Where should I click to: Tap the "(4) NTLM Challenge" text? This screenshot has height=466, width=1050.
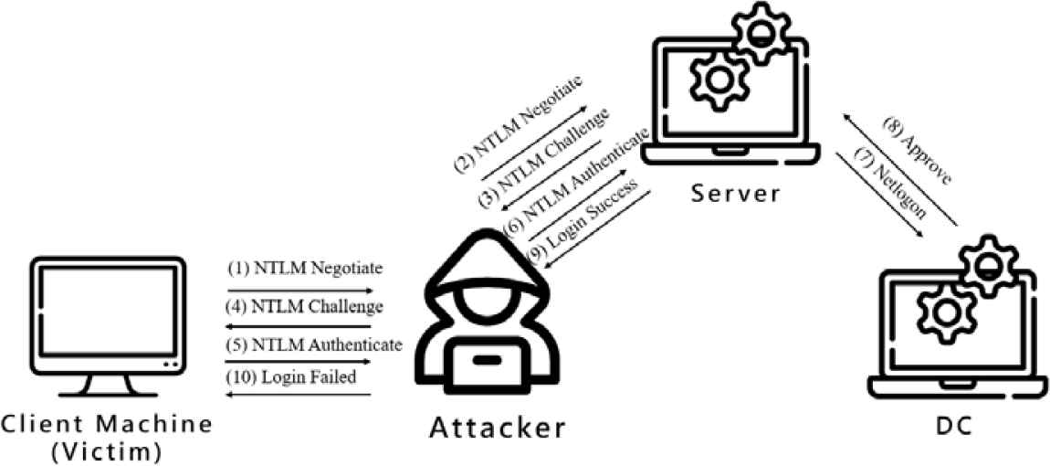(x=305, y=305)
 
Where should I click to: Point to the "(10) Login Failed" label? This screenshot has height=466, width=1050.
(x=291, y=376)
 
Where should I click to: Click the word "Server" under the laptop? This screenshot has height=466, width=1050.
(x=735, y=194)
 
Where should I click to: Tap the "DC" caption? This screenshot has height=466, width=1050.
(x=953, y=425)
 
